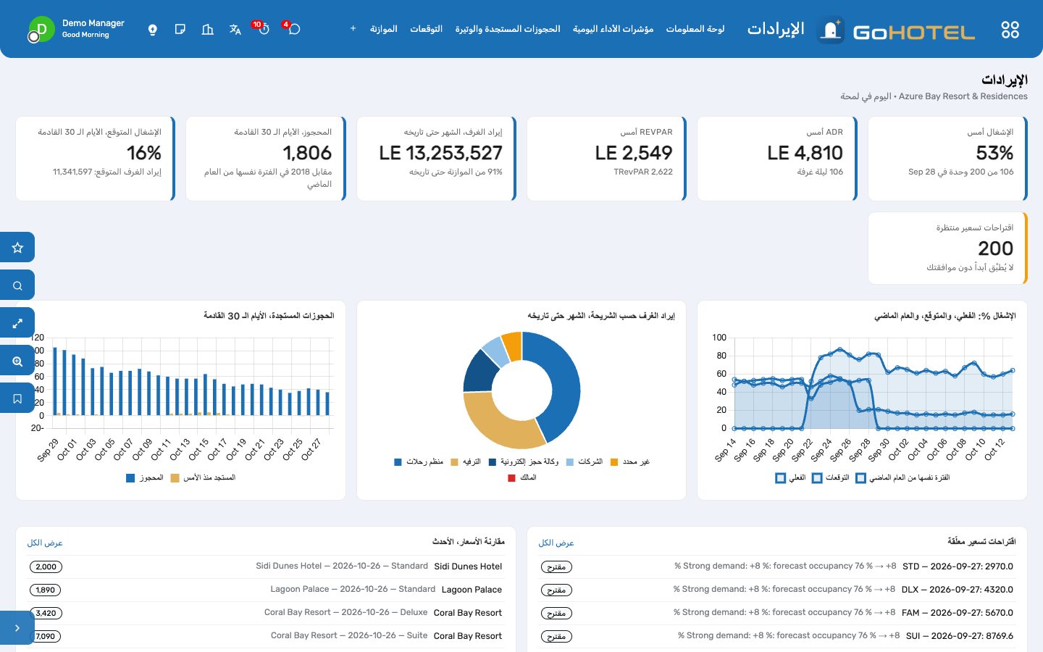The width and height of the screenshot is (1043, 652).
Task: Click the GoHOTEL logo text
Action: click(913, 33)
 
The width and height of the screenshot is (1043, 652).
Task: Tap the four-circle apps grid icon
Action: click(1010, 29)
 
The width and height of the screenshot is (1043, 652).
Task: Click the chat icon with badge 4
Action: click(294, 29)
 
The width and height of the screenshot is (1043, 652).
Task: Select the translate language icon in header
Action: click(235, 29)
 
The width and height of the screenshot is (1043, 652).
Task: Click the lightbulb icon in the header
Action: click(152, 29)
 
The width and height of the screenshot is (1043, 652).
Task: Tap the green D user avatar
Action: click(41, 29)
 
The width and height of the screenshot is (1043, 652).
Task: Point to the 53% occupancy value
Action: click(994, 153)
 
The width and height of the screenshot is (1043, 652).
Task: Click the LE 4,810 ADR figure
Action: click(805, 153)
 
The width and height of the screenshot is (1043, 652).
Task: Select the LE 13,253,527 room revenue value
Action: click(440, 153)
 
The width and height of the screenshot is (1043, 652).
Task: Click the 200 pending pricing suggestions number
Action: click(995, 248)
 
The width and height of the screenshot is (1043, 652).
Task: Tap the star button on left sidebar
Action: click(17, 247)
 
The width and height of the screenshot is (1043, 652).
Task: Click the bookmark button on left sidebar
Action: click(17, 398)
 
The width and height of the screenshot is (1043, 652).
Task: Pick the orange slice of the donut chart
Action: click(512, 346)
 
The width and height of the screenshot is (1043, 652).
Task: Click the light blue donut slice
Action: click(496, 351)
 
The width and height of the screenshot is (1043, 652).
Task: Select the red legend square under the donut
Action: click(511, 477)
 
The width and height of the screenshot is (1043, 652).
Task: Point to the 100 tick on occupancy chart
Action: click(719, 337)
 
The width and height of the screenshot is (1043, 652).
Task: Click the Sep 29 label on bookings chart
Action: click(48, 450)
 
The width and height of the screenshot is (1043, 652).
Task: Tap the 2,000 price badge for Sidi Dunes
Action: click(46, 567)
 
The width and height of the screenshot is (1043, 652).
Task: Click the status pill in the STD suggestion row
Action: click(556, 567)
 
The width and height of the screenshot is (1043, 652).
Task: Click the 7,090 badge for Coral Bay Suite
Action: click(46, 636)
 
